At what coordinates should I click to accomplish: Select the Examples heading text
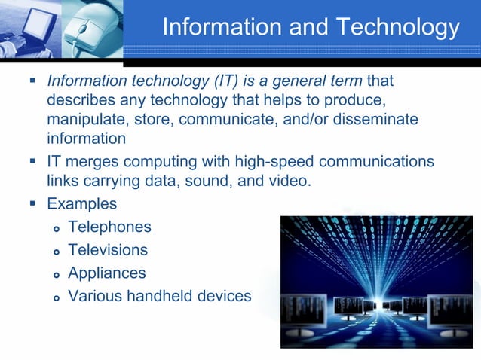pyautogui.click(x=81, y=203)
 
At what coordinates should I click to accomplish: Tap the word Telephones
pyautogui.click(x=109, y=227)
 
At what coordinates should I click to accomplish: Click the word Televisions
pyautogui.click(x=108, y=249)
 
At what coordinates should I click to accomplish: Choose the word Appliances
pyautogui.click(x=106, y=273)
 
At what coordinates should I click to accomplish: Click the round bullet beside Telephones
pyautogui.click(x=55, y=228)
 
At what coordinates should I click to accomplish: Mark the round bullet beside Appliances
pyautogui.click(x=55, y=274)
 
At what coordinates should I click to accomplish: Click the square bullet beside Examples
pyautogui.click(x=32, y=203)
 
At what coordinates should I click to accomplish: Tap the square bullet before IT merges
pyautogui.click(x=32, y=161)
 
